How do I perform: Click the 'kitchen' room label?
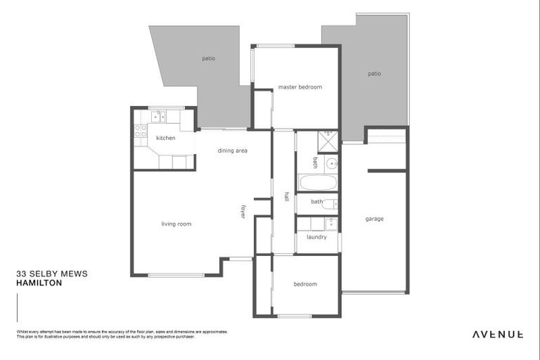(x=165, y=138)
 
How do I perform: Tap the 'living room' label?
(x=176, y=224)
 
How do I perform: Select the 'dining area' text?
(x=232, y=150)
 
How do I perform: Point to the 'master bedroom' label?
(x=300, y=87)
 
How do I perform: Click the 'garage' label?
(x=374, y=219)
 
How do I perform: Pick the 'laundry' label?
(x=316, y=237)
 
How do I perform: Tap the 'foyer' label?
(x=243, y=211)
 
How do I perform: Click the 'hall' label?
(x=286, y=196)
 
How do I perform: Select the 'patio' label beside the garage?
(x=374, y=73)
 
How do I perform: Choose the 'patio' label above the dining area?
(x=208, y=58)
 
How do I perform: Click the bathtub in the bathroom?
(x=318, y=183)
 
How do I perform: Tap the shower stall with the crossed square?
(x=328, y=142)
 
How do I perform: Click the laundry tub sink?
(x=330, y=224)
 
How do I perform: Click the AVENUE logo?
(x=497, y=334)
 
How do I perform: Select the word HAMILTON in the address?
(x=39, y=283)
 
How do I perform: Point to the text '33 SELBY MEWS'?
(x=51, y=274)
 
